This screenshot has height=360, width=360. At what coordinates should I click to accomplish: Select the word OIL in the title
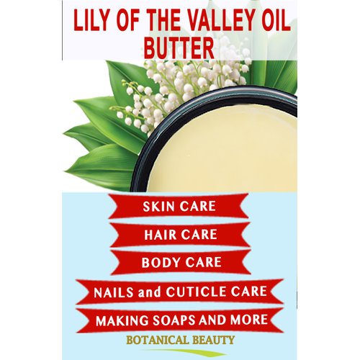271,20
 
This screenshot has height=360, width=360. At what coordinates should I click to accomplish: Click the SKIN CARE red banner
180,207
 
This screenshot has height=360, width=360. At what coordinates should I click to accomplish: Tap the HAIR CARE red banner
180,235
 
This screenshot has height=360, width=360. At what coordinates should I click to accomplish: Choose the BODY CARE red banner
180,262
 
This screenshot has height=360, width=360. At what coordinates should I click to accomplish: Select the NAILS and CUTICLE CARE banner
180,292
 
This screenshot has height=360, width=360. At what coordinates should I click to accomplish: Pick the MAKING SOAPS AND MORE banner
180,319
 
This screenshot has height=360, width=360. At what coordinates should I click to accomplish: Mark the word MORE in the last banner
248,319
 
